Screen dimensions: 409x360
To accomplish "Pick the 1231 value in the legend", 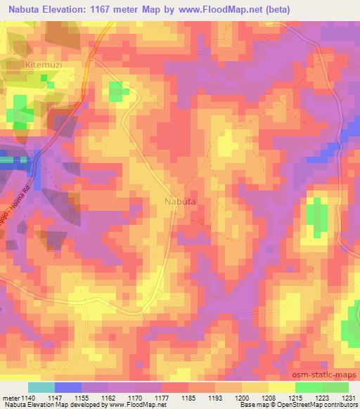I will click(349, 398).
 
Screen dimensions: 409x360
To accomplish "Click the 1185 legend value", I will click(188, 398).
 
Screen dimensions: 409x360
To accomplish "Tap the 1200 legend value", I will click(241, 398).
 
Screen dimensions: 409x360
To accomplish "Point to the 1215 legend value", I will click(295, 398).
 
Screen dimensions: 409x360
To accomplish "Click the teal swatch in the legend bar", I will click(41, 387).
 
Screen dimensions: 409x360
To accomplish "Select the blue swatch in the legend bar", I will click(67, 387).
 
